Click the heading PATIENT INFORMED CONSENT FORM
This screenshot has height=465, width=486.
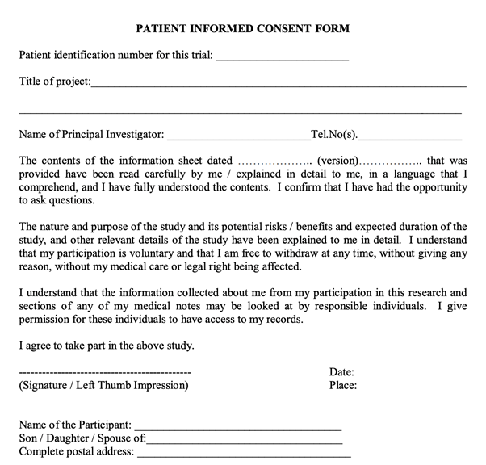241,29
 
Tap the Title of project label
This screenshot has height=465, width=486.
54,81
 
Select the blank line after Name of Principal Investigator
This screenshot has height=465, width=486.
239,136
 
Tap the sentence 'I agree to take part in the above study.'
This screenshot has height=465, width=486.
106,346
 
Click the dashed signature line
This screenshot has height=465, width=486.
104,373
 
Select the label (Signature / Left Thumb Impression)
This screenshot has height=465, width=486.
103,386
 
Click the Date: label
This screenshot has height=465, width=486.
342,372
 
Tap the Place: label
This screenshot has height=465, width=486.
343,386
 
